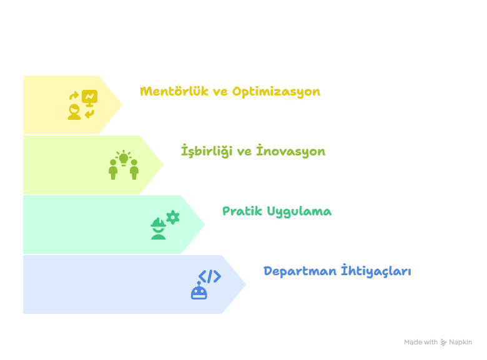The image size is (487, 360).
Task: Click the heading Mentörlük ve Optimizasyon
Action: [230, 92]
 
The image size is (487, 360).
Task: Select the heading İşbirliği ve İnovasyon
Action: [253, 152]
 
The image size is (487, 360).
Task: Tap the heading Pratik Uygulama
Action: [277, 211]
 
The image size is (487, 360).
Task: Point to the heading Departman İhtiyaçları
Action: [337, 271]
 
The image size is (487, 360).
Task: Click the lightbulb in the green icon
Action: [124, 158]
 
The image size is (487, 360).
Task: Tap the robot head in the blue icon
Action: [199, 291]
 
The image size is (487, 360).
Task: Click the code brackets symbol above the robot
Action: [209, 276]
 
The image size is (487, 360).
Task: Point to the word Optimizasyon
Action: [276, 92]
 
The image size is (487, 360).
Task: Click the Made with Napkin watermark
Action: [438, 342]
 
